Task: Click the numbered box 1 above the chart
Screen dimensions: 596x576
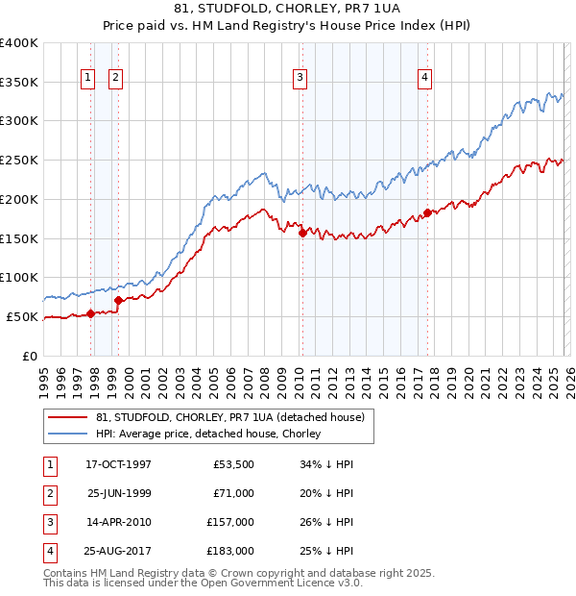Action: click(87, 78)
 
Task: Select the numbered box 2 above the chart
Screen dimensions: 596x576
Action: click(115, 78)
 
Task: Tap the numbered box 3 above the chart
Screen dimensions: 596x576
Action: click(300, 78)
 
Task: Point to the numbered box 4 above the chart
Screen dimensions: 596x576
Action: click(424, 78)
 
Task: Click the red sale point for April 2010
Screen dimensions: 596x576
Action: click(302, 233)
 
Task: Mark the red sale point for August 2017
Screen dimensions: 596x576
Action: click(427, 212)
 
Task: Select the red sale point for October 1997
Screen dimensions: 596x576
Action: click(91, 313)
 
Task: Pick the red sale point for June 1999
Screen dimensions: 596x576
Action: click(119, 300)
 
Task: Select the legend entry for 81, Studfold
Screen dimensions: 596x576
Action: click(229, 418)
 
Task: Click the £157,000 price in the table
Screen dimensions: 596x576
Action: click(230, 524)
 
